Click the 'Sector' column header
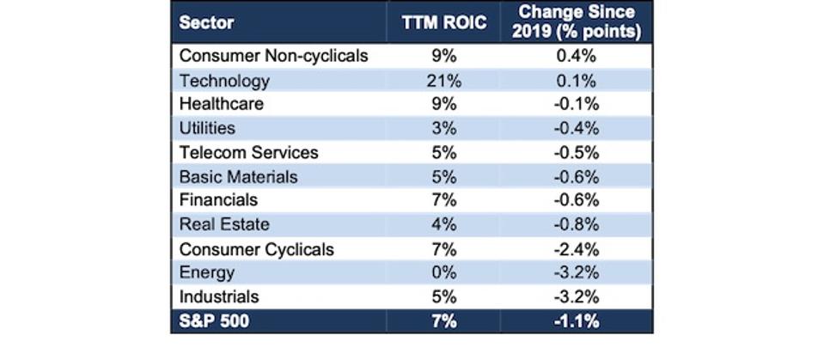[x=206, y=23]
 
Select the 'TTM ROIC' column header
[x=443, y=23]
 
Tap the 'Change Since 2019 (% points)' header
[x=576, y=23]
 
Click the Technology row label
[x=224, y=81]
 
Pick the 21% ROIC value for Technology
[x=443, y=81]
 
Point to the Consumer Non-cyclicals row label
[x=273, y=56]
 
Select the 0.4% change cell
[x=576, y=56]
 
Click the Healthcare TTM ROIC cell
[x=443, y=104]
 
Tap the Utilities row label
[x=207, y=128]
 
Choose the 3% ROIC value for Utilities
[x=443, y=128]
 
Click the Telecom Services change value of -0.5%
[x=576, y=152]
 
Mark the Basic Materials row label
[x=238, y=176]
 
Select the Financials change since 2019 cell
[x=576, y=200]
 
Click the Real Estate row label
[x=223, y=224]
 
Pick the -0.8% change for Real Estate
[x=576, y=224]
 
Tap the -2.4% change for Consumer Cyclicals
[x=576, y=249]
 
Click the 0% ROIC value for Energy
[x=443, y=273]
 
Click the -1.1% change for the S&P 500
[x=576, y=321]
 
